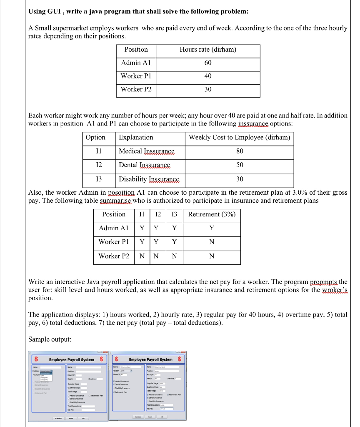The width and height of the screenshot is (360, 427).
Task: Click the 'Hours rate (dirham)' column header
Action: point(208,50)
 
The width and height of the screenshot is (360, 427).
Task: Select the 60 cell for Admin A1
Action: point(208,63)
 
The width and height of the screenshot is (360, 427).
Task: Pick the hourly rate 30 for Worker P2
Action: point(208,89)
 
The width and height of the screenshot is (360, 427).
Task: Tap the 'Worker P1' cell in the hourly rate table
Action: point(136,76)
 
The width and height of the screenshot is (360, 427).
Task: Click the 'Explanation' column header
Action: point(136,137)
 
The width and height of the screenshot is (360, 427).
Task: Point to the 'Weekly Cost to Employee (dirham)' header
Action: point(239,137)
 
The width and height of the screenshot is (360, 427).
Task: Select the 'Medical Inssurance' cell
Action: point(147,151)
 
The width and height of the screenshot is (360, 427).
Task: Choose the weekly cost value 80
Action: point(239,151)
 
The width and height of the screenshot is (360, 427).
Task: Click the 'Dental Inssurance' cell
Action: point(145,165)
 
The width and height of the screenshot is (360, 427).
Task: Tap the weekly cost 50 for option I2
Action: point(239,165)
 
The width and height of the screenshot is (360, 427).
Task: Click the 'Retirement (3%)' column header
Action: point(212,214)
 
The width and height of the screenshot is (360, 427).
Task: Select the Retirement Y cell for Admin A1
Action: point(212,228)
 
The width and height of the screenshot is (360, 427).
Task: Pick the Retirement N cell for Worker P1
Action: point(212,242)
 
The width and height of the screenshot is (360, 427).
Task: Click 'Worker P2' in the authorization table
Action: point(114,256)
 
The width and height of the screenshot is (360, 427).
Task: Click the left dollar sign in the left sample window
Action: point(37,359)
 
